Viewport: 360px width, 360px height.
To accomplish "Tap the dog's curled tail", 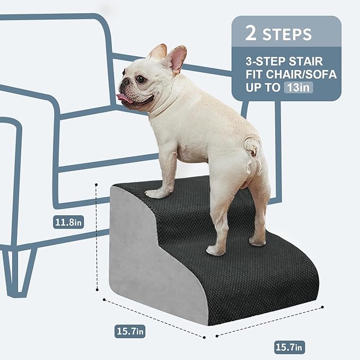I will [x=252, y=146].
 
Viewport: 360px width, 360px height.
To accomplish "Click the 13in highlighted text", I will [x=297, y=88].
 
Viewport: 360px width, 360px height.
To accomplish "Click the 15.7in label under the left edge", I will [x=130, y=331].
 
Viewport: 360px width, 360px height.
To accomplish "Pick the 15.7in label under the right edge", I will [x=289, y=347].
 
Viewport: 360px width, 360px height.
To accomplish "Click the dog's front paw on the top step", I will [x=157, y=194].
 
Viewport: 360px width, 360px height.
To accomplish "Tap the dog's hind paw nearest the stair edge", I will [x=216, y=250].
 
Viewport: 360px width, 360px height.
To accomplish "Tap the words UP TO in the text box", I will [x=261, y=88].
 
